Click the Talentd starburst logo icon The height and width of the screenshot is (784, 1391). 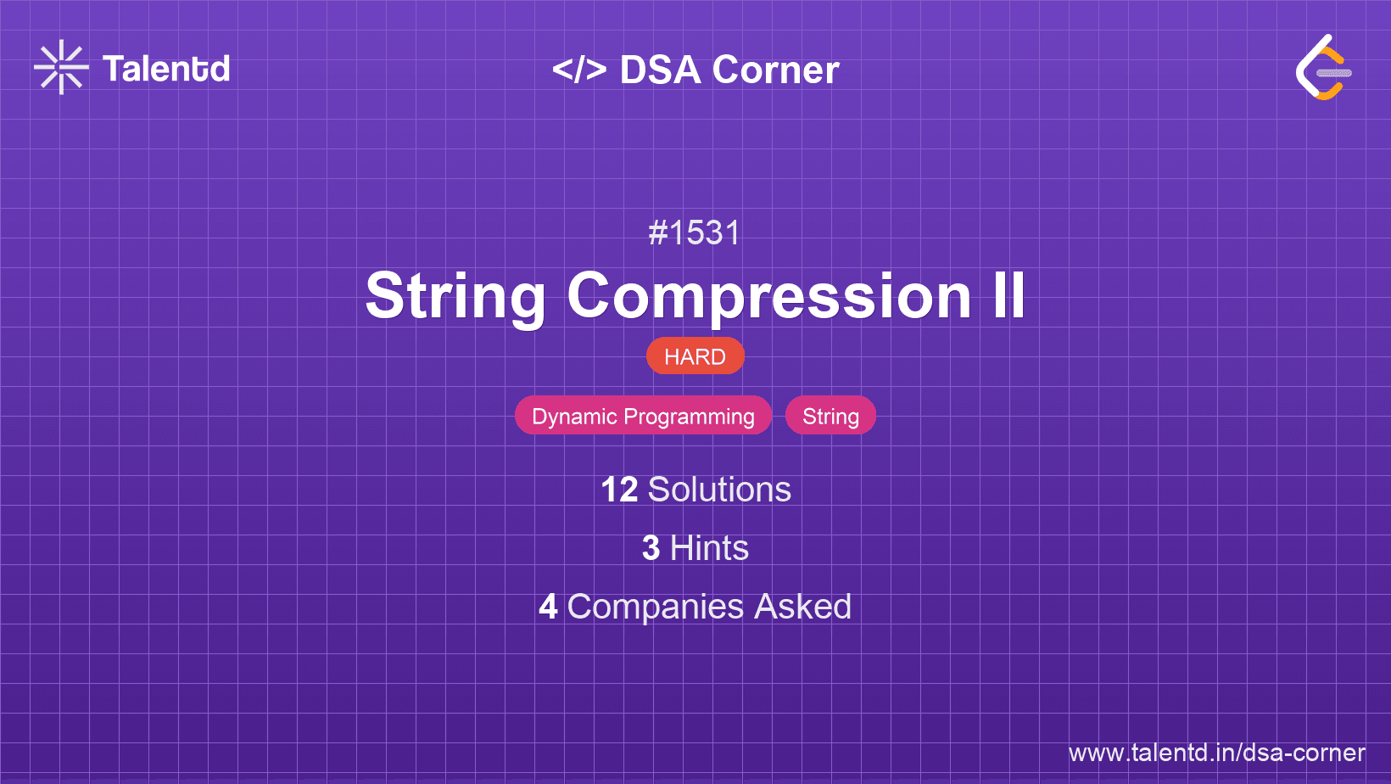61,67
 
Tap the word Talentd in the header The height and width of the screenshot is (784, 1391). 166,69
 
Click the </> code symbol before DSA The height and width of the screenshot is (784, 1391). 579,70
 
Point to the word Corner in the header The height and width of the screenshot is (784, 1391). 775,70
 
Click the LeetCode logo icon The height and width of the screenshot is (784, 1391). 1323,67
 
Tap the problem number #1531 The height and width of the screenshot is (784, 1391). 695,233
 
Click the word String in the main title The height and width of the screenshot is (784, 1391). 455,298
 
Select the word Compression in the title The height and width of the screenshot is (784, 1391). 769,298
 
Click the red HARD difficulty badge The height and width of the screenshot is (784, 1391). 695,356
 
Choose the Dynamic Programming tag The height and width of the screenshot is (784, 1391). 643,416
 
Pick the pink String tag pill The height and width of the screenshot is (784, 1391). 831,416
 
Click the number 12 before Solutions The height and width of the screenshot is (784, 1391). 619,490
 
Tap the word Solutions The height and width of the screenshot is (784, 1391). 720,490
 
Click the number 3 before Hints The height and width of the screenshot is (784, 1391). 651,548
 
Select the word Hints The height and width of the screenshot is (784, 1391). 709,548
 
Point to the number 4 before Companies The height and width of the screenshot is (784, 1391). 548,607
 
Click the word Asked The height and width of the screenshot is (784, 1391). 802,607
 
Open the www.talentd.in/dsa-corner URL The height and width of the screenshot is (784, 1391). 1216,753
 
